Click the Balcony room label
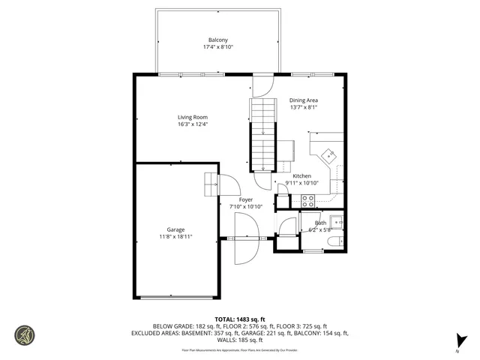click(218, 40)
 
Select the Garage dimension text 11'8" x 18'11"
click(176, 237)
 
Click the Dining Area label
click(304, 100)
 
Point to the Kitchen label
click(301, 176)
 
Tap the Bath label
click(320, 223)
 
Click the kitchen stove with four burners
click(307, 200)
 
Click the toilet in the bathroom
click(337, 241)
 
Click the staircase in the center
click(263, 135)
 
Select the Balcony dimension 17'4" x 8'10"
click(218, 47)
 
